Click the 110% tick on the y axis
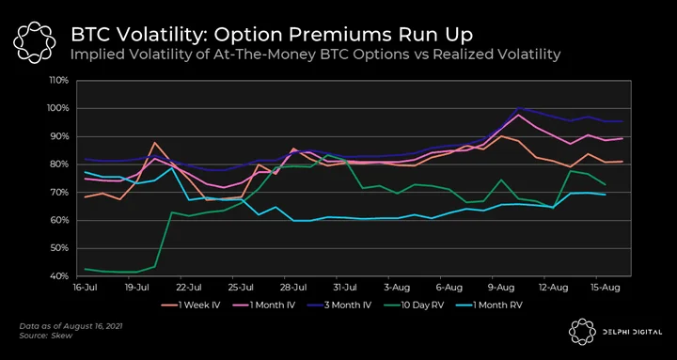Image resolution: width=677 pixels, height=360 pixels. tap(60, 80)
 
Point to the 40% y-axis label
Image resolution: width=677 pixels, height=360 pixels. tap(60, 275)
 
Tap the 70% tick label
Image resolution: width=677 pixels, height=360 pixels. tap(60, 192)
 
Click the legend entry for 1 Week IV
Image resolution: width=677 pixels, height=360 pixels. tap(191, 305)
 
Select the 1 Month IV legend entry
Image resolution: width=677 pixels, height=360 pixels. tap(267, 305)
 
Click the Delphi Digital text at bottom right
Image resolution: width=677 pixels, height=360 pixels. tap(632, 332)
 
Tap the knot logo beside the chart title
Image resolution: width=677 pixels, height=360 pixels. tap(34, 42)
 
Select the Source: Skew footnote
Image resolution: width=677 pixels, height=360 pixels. tap(46, 336)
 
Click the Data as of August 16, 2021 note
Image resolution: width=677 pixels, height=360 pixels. tap(71, 326)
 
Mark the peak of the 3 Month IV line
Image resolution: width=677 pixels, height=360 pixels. tap(518, 108)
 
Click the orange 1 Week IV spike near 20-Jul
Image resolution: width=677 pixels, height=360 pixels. tap(154, 143)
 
